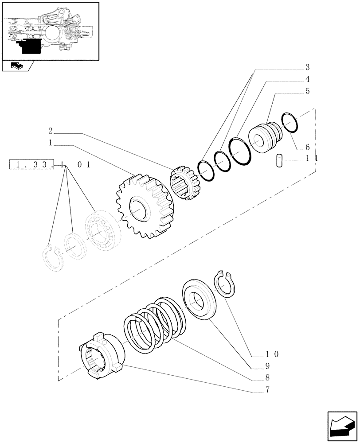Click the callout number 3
pos(307,68)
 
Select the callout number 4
pos(307,80)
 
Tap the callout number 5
pos(307,92)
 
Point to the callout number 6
pos(307,147)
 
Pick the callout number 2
pos(51,131)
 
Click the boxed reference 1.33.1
pos(37,165)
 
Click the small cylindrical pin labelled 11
pos(280,160)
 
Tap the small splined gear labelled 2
pos(184,182)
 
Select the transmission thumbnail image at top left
pos(50,31)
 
